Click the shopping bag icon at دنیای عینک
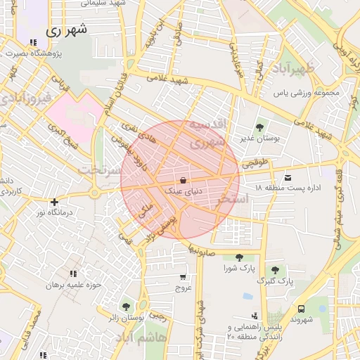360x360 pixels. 183,180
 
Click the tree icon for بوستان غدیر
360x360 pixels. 259,127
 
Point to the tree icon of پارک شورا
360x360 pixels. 239,257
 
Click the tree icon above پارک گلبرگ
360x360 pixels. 274,270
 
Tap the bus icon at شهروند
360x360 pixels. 301,309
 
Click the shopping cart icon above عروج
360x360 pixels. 184,277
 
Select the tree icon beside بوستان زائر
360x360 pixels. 125,307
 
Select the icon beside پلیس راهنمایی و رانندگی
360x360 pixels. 255,316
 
